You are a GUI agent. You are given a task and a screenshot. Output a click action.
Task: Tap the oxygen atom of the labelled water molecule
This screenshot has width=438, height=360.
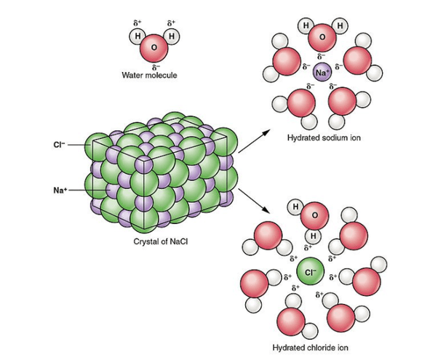(154, 49)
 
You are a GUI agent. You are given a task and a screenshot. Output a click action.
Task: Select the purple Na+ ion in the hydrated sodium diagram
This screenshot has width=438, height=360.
(322, 72)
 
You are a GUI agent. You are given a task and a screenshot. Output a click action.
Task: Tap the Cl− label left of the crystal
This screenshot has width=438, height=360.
(59, 142)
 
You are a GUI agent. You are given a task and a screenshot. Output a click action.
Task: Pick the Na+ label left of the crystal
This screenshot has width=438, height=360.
(60, 190)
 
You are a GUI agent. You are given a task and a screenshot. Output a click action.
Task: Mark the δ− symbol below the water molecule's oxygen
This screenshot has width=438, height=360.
(154, 65)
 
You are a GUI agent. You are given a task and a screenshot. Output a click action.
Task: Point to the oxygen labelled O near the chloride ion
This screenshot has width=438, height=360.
(314, 217)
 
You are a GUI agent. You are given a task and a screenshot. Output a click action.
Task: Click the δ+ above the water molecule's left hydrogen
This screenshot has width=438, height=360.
(135, 23)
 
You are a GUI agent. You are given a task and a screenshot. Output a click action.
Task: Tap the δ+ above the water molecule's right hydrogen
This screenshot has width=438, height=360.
(172, 23)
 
